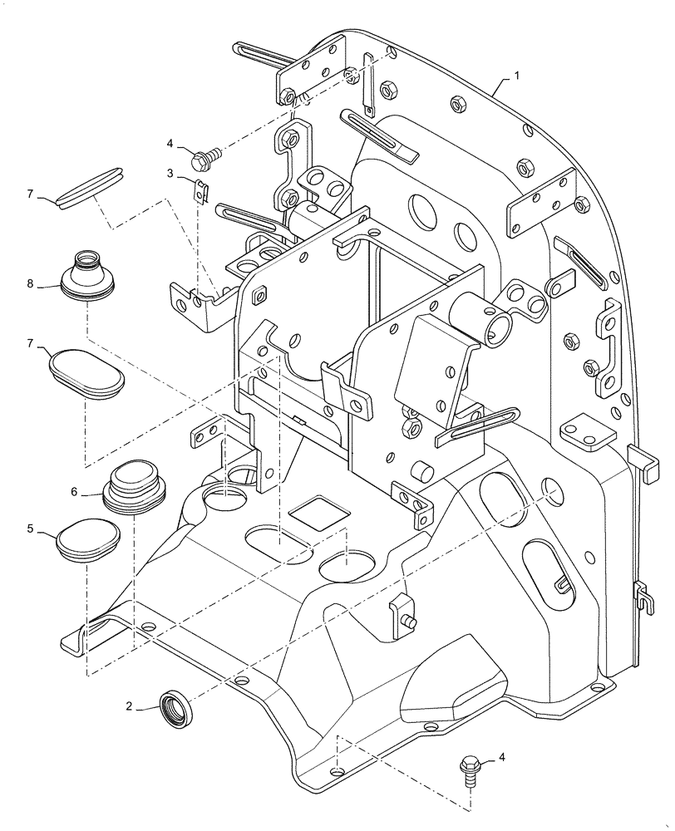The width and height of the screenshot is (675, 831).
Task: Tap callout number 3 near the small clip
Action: pos(170,174)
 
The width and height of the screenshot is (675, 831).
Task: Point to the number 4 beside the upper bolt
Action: pos(170,143)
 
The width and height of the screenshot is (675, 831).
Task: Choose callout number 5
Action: pos(31,529)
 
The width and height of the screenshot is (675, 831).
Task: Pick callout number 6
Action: pos(74,492)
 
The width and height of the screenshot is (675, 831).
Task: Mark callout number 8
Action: pos(31,283)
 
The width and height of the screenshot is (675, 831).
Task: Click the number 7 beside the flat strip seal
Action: pos(31,194)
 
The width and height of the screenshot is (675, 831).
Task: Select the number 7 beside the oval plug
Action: pos(31,342)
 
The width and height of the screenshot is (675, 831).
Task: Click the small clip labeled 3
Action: pos(200,190)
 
